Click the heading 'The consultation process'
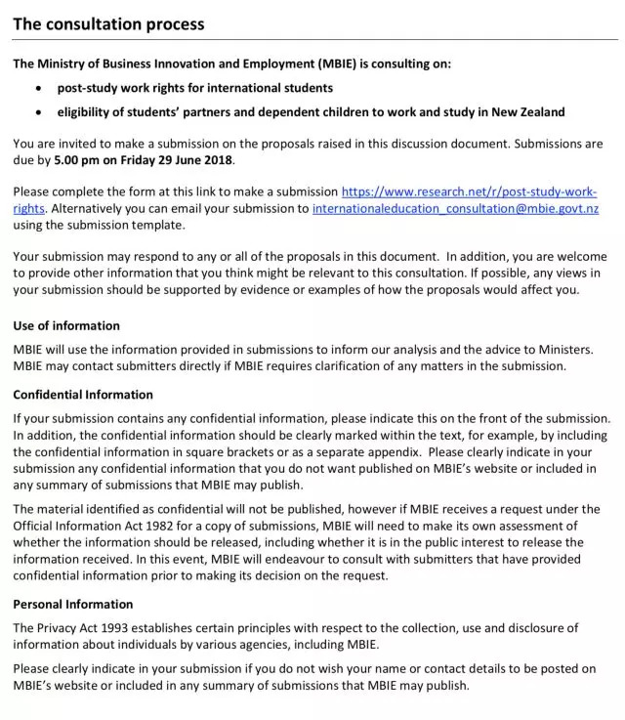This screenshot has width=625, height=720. point(108,23)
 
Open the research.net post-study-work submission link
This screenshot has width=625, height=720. point(469,191)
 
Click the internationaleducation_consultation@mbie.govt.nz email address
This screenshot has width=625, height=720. point(455,208)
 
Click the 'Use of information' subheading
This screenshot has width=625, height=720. point(66,325)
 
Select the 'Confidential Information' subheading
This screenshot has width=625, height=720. point(83,395)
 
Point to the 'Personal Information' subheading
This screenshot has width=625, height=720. point(73,604)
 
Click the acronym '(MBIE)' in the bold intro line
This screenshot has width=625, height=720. point(337,64)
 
